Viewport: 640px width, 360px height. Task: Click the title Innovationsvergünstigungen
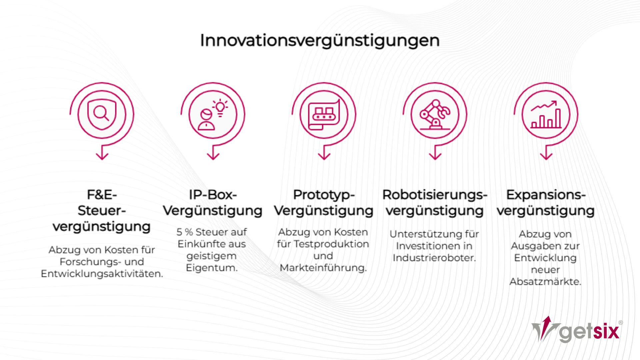320,41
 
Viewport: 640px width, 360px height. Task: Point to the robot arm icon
435,114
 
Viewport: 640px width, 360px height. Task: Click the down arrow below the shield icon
102,155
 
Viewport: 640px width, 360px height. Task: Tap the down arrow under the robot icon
435,155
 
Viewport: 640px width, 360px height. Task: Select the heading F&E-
102,195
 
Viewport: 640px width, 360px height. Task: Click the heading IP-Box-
213,195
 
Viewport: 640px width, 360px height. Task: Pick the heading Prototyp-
324,195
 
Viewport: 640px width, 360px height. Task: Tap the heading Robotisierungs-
435,195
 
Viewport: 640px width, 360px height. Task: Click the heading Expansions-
546,195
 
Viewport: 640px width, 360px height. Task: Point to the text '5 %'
184,232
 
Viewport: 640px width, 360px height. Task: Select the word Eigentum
212,268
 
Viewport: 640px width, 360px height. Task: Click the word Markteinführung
323,268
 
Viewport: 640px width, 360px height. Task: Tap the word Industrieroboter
434,258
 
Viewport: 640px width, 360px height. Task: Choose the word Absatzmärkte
545,282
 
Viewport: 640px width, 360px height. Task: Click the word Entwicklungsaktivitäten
102,274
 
